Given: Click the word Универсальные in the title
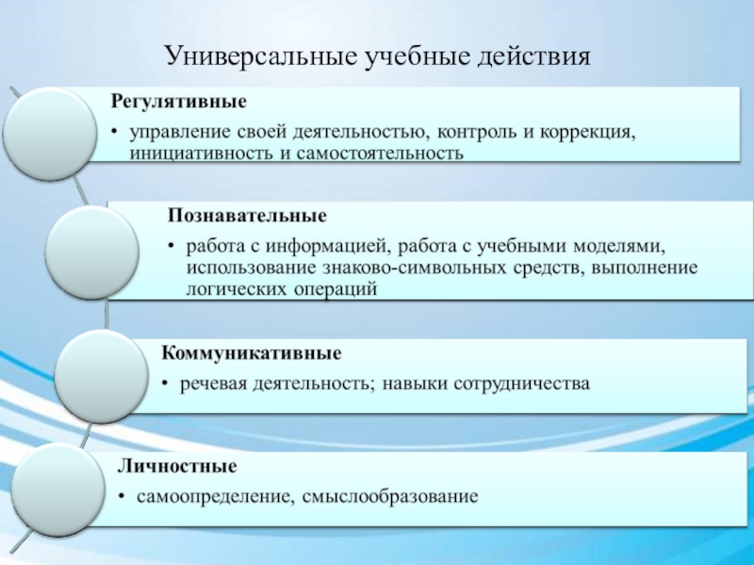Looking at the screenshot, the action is point(261,56).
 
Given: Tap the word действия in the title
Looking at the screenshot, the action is point(533,57).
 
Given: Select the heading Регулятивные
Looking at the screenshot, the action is point(179,102).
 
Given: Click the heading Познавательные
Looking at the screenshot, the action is point(247,216).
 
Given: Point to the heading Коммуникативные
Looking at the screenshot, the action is point(252,353).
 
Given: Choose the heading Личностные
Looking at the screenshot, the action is point(177,466).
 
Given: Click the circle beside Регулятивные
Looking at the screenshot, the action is point(50,134).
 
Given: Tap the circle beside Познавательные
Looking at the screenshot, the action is point(91,252).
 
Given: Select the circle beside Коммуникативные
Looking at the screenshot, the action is point(101,376).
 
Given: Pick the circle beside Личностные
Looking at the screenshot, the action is point(58,490).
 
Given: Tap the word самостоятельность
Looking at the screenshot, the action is point(380,153).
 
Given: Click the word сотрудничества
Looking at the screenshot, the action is point(522,384).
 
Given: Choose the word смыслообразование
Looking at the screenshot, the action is point(390,497).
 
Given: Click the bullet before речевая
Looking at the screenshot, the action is point(166,384).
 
